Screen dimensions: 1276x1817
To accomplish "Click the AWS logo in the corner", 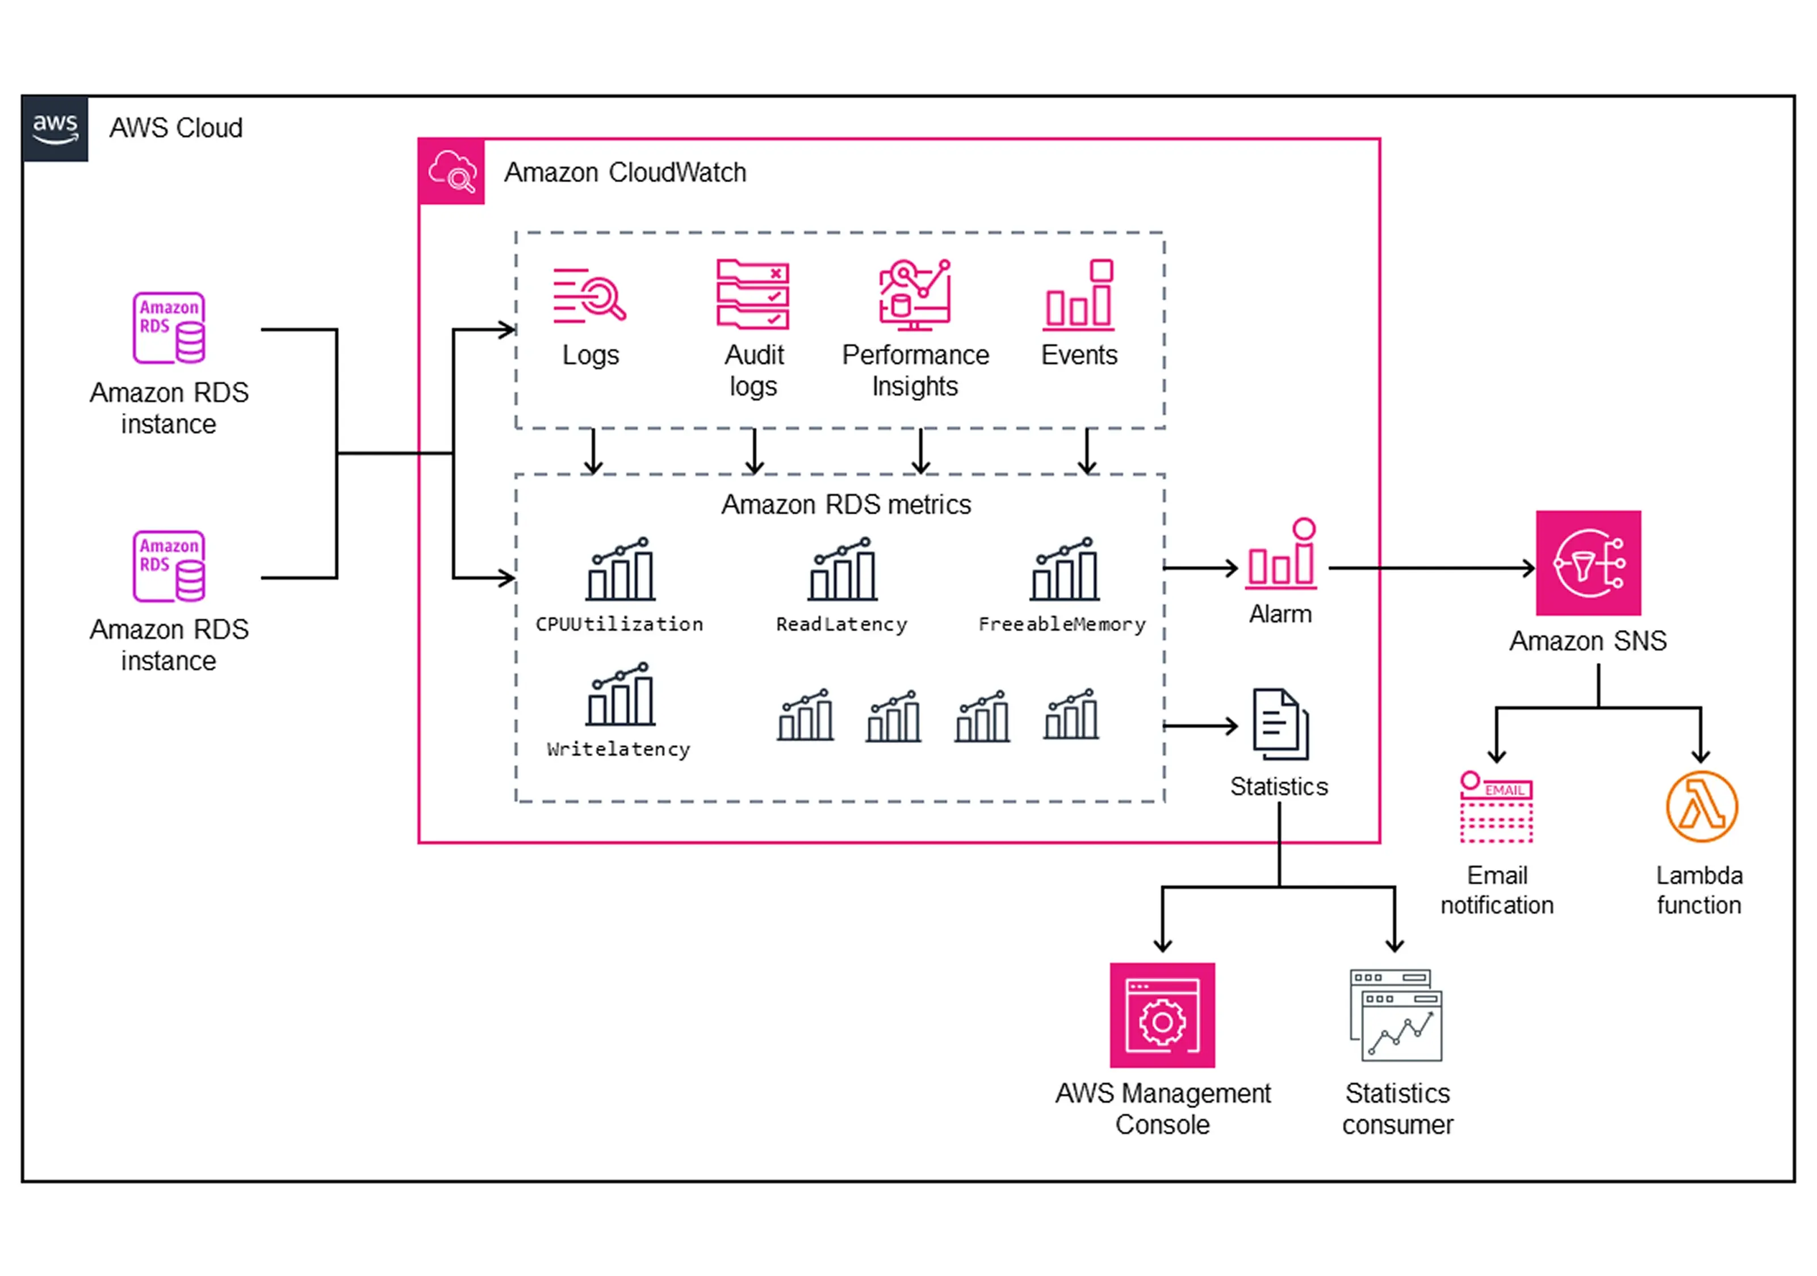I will [x=55, y=128].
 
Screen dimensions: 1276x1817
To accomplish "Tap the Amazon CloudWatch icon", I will [x=451, y=171].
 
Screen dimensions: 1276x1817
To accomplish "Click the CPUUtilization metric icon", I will [x=621, y=569].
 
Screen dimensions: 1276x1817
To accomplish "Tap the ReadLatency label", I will [x=841, y=624].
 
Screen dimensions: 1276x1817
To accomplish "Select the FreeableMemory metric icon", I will [x=1065, y=569].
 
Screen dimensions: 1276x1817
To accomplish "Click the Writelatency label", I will [x=618, y=749].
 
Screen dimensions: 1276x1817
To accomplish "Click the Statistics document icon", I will [x=1280, y=724].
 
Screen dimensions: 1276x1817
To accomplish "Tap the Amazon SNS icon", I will [x=1588, y=563].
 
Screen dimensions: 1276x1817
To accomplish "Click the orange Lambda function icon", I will [x=1702, y=807].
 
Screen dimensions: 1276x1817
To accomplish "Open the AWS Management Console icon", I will [x=1162, y=1015].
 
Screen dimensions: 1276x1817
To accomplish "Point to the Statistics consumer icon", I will [x=1396, y=1015].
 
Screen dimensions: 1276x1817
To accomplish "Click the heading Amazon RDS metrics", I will [x=846, y=505].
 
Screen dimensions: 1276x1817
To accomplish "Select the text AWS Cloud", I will [x=175, y=128].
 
